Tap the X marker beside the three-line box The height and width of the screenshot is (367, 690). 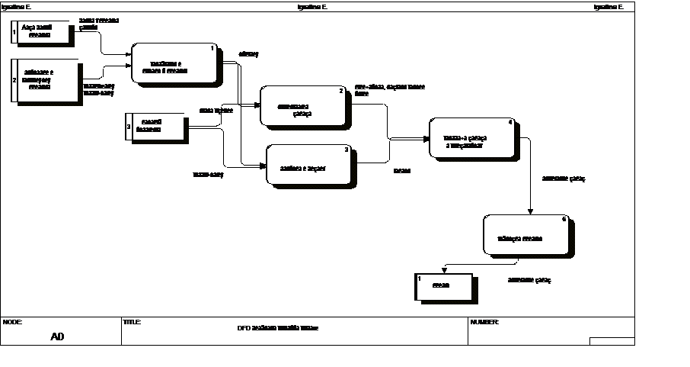point(15,79)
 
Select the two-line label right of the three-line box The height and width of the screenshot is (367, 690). point(97,89)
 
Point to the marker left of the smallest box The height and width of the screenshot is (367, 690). point(420,279)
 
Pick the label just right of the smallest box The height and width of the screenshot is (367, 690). point(529,280)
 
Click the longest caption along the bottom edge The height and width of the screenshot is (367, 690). point(277,328)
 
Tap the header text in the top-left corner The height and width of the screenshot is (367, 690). point(14,7)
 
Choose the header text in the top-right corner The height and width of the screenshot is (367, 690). point(608,7)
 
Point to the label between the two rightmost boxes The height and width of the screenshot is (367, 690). point(563,179)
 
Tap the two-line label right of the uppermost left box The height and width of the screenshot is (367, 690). point(99,24)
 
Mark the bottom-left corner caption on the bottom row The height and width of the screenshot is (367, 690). point(11,322)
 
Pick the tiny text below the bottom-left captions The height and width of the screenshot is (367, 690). point(56,336)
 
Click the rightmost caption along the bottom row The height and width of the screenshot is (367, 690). point(484,322)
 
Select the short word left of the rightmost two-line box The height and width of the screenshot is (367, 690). point(401,171)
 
